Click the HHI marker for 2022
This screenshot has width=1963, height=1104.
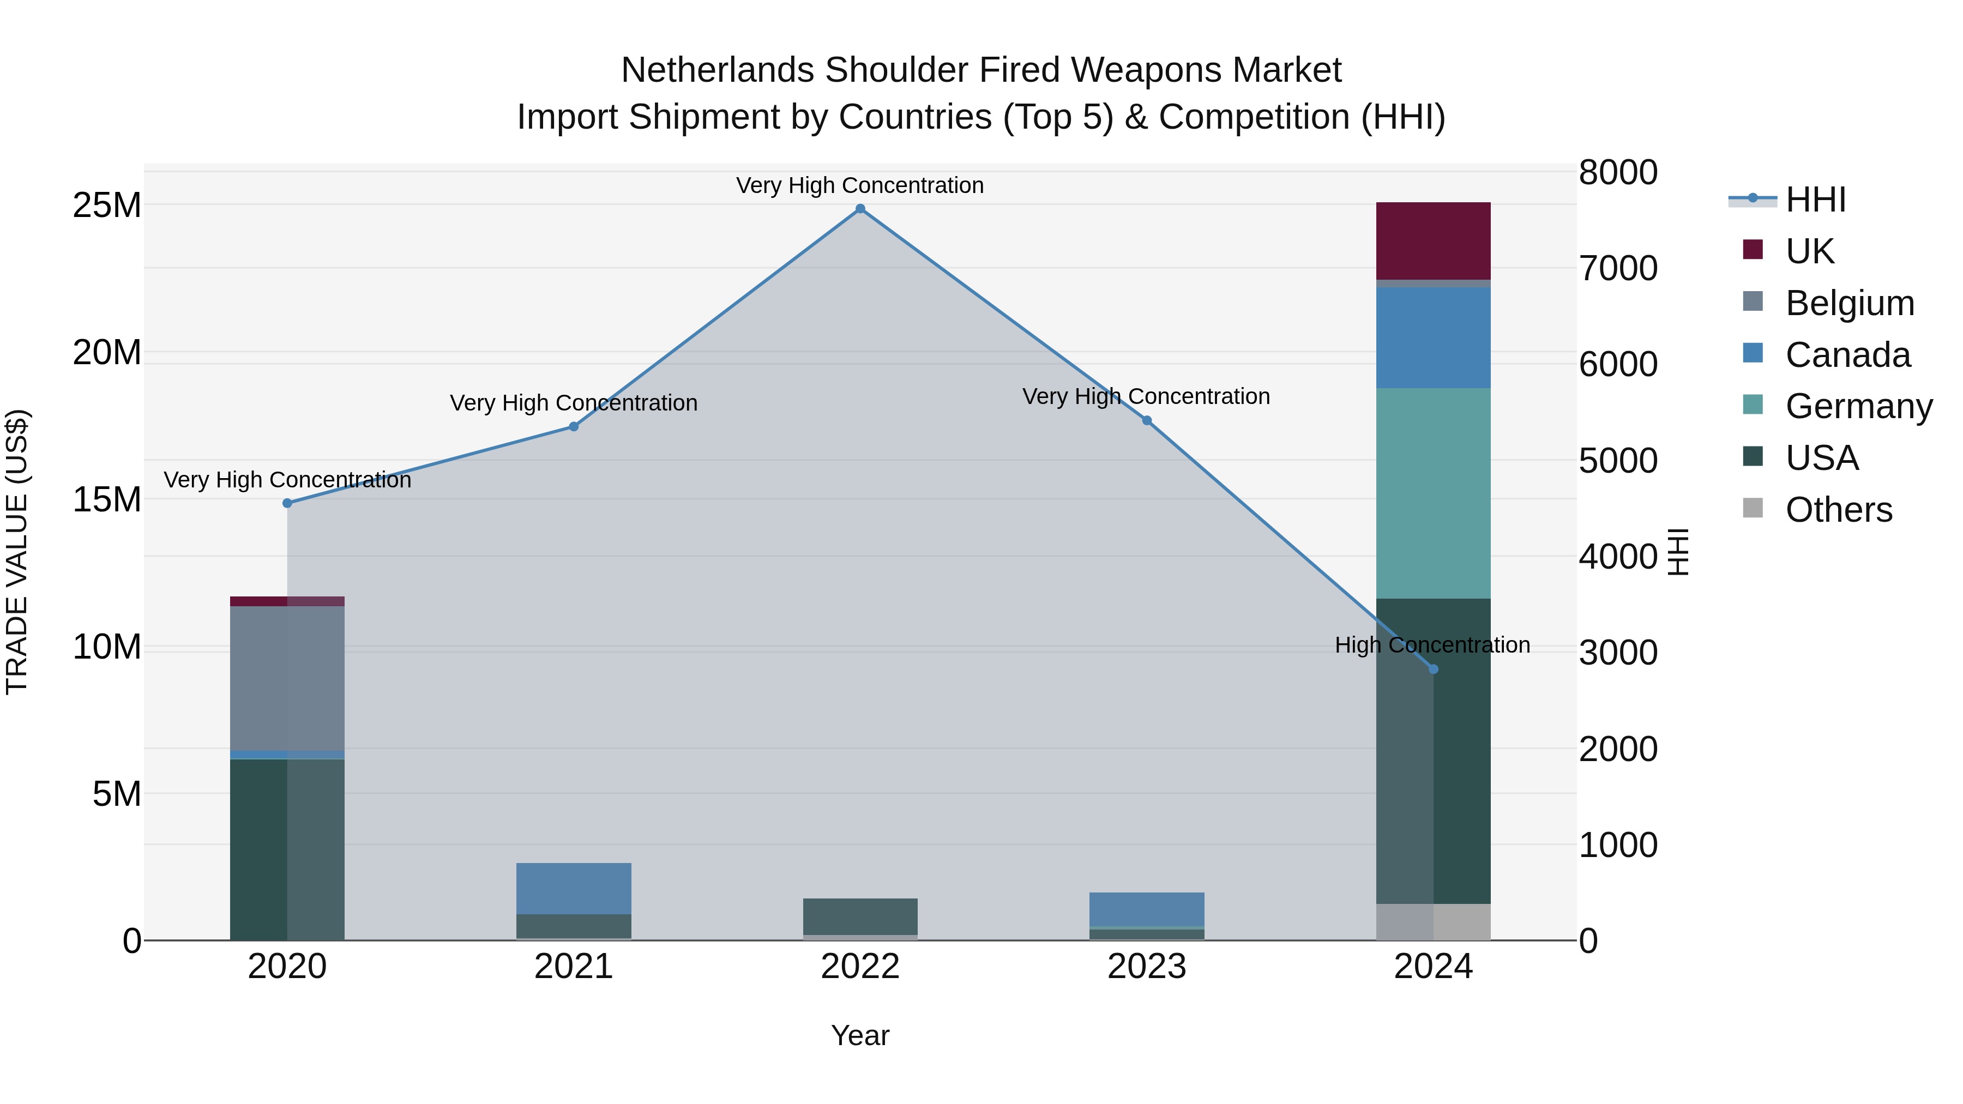pyautogui.click(x=860, y=209)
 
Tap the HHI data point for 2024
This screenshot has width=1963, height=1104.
pyautogui.click(x=1434, y=669)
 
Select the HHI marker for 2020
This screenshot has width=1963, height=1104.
pyautogui.click(x=287, y=503)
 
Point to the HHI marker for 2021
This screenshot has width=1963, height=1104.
pyautogui.click(x=574, y=427)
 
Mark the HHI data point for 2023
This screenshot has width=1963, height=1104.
pyautogui.click(x=1147, y=420)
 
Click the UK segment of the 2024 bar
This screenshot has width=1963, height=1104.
pyautogui.click(x=1434, y=241)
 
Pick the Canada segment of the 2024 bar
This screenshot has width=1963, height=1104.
pyautogui.click(x=1434, y=337)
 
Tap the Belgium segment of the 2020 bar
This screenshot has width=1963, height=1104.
pyautogui.click(x=287, y=678)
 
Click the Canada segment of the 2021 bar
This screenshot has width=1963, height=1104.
pyautogui.click(x=574, y=888)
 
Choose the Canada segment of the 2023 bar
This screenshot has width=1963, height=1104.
pyautogui.click(x=1147, y=909)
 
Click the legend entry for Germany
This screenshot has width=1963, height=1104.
pyautogui.click(x=1859, y=406)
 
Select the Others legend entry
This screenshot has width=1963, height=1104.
pyautogui.click(x=1838, y=510)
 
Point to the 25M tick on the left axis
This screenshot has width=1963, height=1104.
pyautogui.click(x=107, y=206)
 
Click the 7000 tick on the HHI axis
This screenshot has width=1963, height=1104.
pyautogui.click(x=1618, y=268)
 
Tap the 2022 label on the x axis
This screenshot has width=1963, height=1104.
pyautogui.click(x=860, y=967)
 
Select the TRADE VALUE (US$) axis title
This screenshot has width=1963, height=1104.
pyautogui.click(x=17, y=552)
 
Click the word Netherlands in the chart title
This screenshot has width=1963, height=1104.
pyautogui.click(x=717, y=70)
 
